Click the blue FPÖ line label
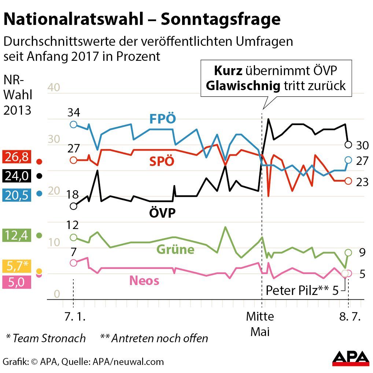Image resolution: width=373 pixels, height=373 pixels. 163,119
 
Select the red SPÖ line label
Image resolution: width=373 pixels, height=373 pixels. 162,162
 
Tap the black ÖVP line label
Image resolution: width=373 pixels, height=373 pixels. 162,213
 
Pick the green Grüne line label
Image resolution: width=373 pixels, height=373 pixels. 175,250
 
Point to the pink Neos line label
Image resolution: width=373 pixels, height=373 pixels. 144,281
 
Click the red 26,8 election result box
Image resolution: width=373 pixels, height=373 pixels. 16,157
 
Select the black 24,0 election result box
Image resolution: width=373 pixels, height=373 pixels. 16,176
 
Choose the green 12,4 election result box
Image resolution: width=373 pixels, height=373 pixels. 16,235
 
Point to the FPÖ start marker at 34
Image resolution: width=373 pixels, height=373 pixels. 74,124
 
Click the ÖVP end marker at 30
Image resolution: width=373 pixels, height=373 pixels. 348,144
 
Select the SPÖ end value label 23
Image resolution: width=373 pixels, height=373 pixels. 362,182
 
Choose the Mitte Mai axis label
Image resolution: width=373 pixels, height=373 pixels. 260,324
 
